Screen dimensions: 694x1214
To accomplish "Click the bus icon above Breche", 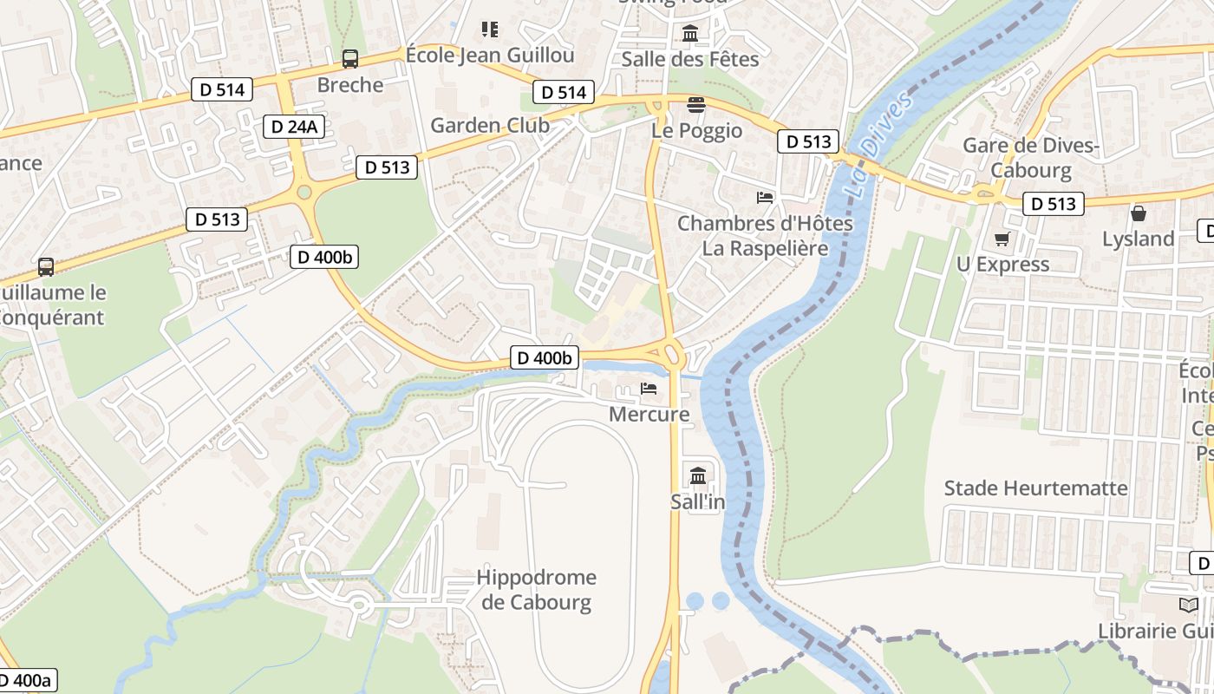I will click(x=350, y=59).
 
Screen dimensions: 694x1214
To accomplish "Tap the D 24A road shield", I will click(x=294, y=127).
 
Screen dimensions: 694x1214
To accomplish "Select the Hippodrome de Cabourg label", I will click(x=537, y=590).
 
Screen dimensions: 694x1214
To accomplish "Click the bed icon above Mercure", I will click(x=649, y=389).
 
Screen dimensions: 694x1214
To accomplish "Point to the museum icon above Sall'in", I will click(x=698, y=475).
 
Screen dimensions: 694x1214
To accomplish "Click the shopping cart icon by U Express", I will click(x=1002, y=239).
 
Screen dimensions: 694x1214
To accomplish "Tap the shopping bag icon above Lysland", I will click(x=1138, y=213).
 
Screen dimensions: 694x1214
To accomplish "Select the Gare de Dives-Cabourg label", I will click(x=1030, y=158).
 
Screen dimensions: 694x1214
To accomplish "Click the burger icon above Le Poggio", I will click(x=695, y=105).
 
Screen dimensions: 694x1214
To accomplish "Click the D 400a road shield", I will click(x=26, y=680).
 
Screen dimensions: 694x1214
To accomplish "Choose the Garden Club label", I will click(x=490, y=125).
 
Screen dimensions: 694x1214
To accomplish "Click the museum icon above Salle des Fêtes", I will click(x=690, y=34).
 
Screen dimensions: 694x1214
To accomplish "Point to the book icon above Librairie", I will click(x=1188, y=605).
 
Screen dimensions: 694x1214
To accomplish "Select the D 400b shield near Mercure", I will click(x=544, y=357).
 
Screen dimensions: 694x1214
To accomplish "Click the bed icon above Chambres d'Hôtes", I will click(x=764, y=198).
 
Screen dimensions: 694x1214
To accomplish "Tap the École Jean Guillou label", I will click(x=490, y=56).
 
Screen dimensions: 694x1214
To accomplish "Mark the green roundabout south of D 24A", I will click(x=303, y=192).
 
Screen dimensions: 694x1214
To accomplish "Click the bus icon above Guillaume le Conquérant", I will click(x=45, y=267).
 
